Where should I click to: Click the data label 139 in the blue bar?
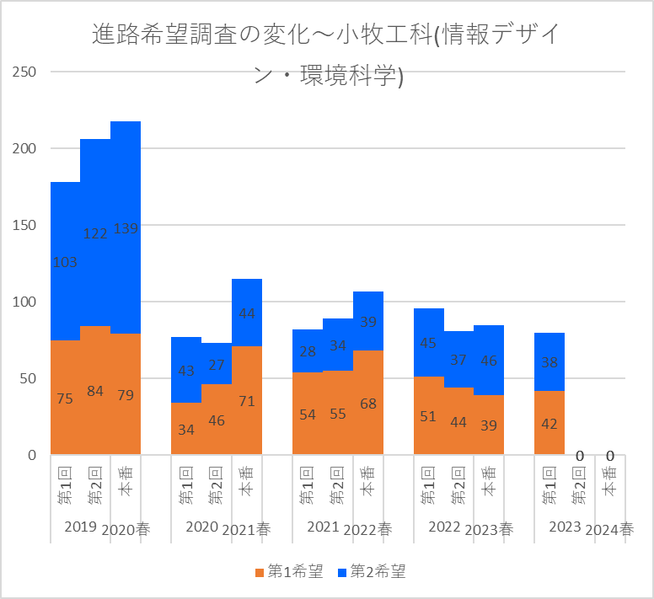(126, 228)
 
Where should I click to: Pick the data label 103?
(65, 262)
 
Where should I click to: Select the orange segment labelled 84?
(95, 390)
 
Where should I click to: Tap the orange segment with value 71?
(247, 400)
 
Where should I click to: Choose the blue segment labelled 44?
(247, 313)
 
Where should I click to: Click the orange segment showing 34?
(186, 429)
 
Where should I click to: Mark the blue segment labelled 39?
(368, 321)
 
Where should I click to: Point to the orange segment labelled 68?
(368, 403)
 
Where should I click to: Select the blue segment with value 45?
(429, 343)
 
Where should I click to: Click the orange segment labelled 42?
(549, 423)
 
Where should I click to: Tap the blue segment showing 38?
(549, 362)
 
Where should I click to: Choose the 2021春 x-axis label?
(247, 530)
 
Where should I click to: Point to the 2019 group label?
(81, 527)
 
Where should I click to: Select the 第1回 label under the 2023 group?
(549, 486)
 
